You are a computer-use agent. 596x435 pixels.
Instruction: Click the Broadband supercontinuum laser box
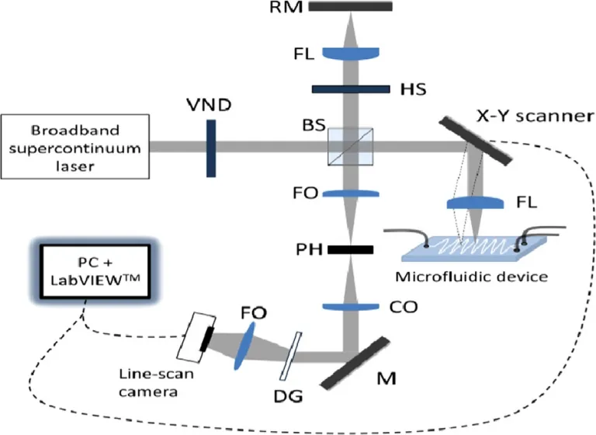(74, 145)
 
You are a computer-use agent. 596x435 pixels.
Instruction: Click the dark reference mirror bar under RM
(350, 6)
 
